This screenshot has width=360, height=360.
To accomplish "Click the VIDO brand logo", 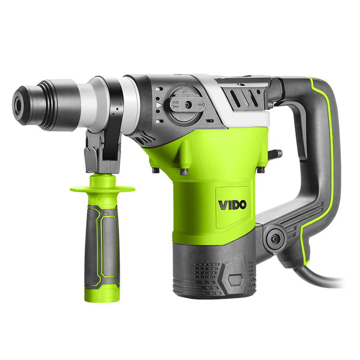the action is pos(232,205).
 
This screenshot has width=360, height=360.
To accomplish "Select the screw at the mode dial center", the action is pos(187,105).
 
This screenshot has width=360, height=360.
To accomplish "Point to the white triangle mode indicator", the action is pos(159,105).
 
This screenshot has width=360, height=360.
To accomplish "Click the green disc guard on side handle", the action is pos(103,189).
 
